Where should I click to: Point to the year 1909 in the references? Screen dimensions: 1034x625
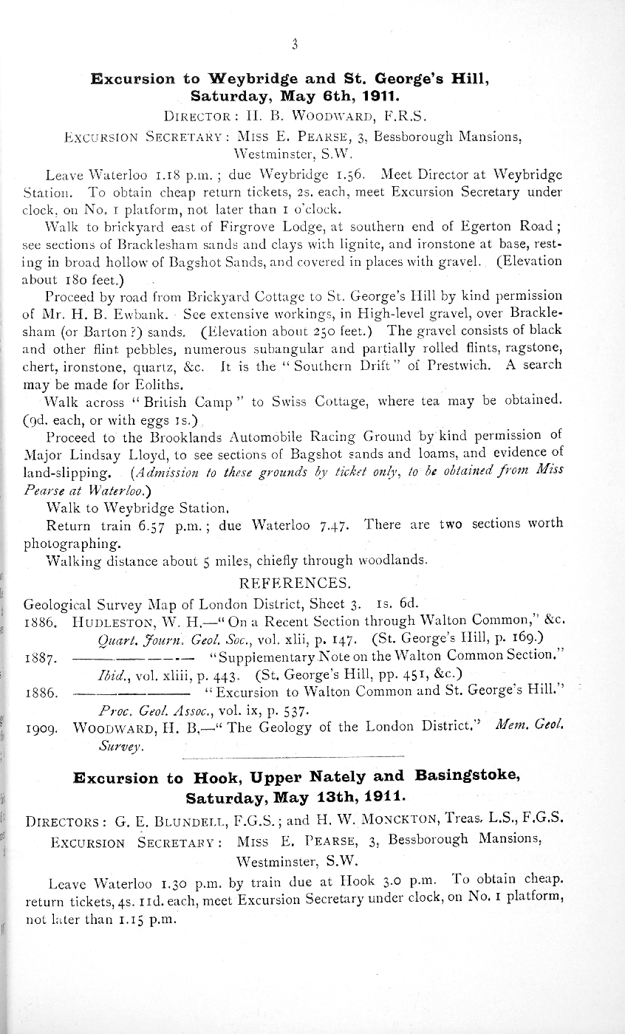[x=41, y=729]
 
